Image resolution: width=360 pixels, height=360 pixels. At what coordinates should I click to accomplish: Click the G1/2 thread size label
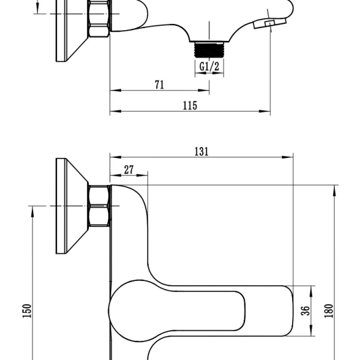209,67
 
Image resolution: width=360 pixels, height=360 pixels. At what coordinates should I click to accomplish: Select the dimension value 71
160,84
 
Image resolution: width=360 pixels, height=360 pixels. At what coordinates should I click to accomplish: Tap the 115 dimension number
190,105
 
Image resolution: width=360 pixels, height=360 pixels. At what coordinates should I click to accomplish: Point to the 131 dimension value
201,152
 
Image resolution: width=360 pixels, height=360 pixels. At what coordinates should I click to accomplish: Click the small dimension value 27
129,170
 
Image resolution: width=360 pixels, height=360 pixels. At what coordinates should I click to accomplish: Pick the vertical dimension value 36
306,311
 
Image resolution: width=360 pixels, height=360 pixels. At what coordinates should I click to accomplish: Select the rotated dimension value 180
329,311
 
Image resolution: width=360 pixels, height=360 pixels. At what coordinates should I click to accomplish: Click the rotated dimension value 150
27,311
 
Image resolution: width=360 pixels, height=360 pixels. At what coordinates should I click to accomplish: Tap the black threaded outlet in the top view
209,50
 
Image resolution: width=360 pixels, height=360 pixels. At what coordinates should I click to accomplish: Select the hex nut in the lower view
99,206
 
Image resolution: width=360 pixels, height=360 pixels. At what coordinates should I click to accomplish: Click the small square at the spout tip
270,23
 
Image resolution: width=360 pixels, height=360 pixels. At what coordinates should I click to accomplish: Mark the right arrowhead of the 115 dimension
264,111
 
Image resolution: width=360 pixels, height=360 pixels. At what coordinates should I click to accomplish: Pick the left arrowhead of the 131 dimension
116,157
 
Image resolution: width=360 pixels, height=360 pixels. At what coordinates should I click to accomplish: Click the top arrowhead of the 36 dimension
311,291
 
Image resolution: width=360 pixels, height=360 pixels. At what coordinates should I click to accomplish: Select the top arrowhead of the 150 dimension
32,211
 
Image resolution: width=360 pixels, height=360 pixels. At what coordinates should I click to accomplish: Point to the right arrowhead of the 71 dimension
203,91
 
